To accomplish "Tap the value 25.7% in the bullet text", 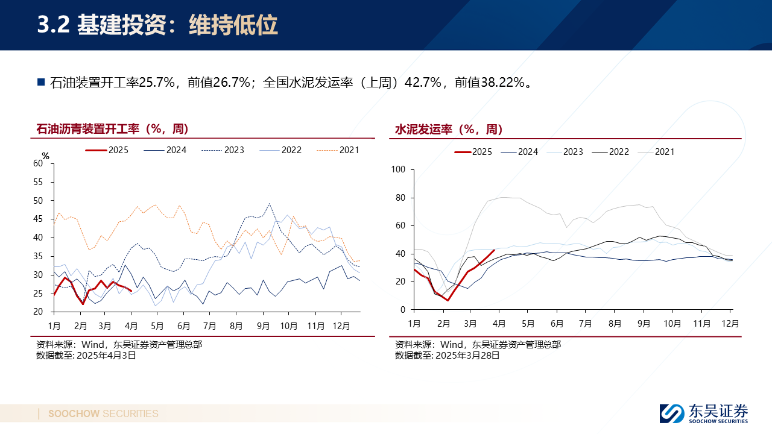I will [156, 83].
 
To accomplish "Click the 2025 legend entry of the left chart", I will [107, 150].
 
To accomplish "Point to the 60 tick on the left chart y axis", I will [39, 163].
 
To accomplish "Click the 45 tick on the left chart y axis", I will [39, 219].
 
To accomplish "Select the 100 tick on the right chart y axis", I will [399, 169].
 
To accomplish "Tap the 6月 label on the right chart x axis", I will [557, 324].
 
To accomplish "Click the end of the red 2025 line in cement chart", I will [495, 250].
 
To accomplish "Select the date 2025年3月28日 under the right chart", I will [467, 356].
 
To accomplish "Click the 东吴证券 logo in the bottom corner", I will [704, 414].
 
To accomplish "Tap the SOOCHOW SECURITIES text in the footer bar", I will [103, 414].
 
